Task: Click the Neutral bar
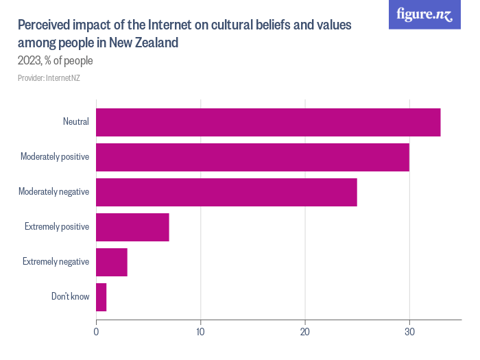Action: [x=268, y=122]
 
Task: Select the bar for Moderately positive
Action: [x=252, y=157]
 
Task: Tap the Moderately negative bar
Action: [x=226, y=192]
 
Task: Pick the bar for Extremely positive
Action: [x=132, y=227]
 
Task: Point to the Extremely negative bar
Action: [x=112, y=262]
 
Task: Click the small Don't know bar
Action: [x=101, y=297]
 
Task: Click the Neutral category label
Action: [x=75, y=122]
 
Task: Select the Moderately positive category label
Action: [x=55, y=157]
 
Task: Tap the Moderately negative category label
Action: [x=54, y=192]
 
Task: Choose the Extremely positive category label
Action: [x=57, y=227]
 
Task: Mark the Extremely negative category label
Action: [x=56, y=262]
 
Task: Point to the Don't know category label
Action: [x=70, y=297]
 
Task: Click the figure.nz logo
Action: [x=424, y=14]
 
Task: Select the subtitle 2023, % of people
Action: [x=55, y=60]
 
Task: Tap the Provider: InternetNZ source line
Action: [x=49, y=77]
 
